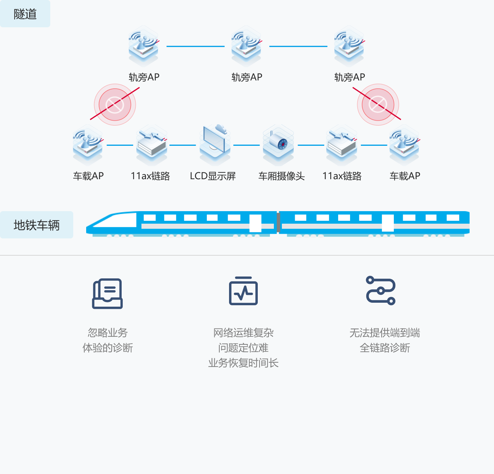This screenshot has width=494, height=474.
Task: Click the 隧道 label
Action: click(25, 14)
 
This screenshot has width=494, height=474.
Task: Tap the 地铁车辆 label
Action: click(37, 225)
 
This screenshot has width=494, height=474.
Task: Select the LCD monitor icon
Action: click(215, 143)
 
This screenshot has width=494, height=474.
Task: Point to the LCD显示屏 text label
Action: click(213, 176)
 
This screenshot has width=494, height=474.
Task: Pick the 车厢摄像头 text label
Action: click(281, 176)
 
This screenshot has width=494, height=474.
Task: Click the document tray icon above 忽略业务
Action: click(107, 293)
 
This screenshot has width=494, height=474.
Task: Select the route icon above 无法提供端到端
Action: click(381, 291)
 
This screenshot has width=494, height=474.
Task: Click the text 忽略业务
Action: click(108, 333)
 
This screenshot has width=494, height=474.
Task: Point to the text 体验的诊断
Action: click(108, 348)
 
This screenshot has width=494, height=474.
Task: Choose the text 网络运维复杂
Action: click(243, 333)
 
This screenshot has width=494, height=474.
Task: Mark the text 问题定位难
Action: click(243, 348)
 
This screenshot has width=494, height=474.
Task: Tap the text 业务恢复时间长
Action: click(243, 363)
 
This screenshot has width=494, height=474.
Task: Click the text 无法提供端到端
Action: click(385, 333)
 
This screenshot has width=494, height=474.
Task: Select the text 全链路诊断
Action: click(385, 348)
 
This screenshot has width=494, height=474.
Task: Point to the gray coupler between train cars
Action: click(278, 223)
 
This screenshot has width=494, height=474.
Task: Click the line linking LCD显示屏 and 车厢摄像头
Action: click(246, 145)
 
